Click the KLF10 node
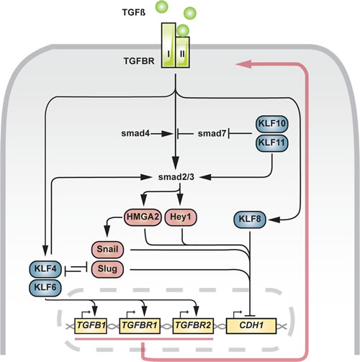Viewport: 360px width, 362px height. tap(272, 124)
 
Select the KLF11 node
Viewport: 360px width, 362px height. tap(272, 143)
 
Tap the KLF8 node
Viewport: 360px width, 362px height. tap(250, 220)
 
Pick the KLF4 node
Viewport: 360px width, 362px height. tap(45, 269)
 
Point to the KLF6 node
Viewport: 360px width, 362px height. tap(45, 287)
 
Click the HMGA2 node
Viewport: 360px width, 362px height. tap(143, 217)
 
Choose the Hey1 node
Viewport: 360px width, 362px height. tap(181, 217)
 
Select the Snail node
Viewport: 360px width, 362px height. tap(107, 250)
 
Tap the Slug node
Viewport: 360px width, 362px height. tap(107, 269)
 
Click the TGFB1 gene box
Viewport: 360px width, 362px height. tap(91, 326)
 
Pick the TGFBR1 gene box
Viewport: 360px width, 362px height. tap(140, 326)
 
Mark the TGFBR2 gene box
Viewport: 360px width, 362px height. tap(193, 326)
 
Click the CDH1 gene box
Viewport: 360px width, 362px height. tap(251, 326)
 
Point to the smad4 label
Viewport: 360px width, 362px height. tap(135, 133)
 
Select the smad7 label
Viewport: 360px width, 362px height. tap(212, 134)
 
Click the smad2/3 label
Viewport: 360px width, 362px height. tap(176, 177)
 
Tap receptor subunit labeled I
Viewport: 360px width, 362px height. tap(168, 45)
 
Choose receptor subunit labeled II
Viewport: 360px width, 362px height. tap(183, 53)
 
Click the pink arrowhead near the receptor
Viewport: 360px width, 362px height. tap(244, 64)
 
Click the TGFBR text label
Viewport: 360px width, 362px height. tap(139, 61)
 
